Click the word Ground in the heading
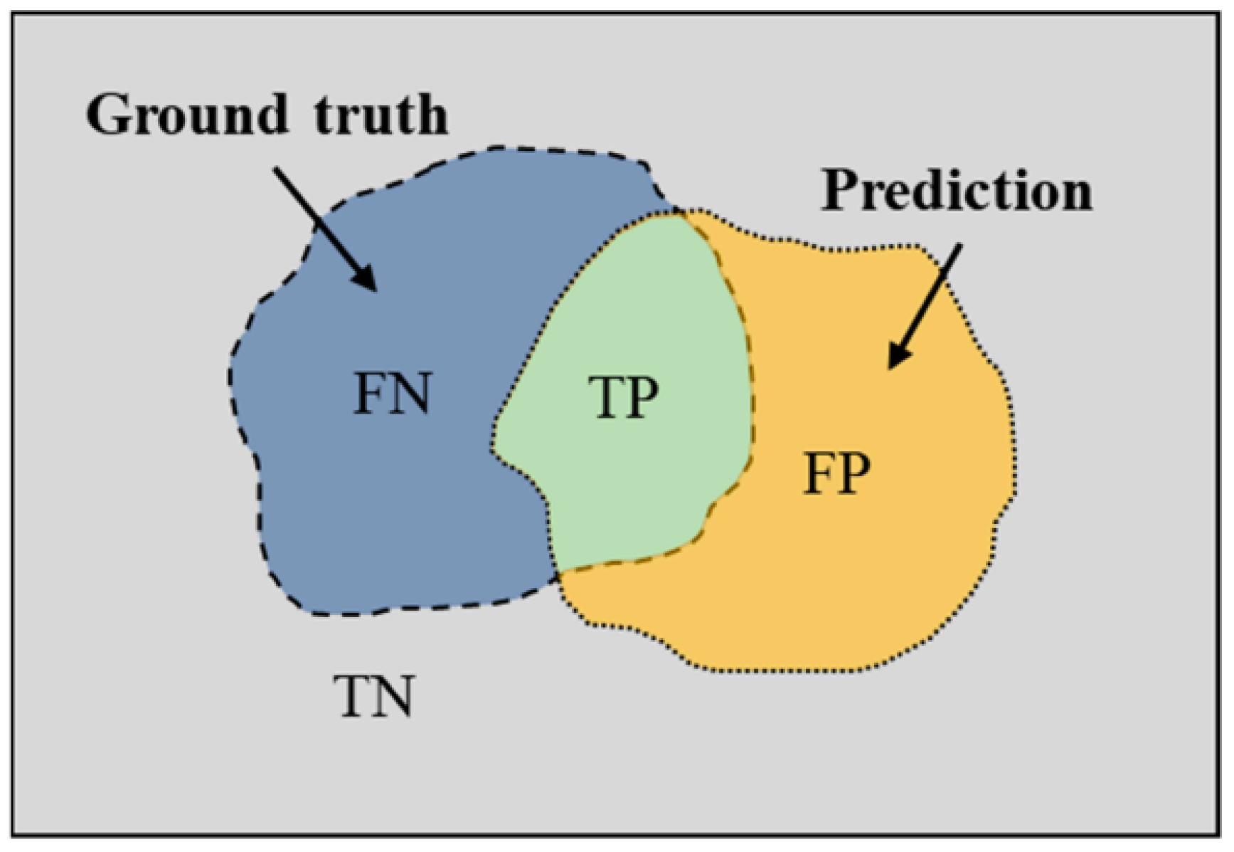coord(187,115)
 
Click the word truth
coord(381,115)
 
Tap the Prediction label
coord(956,191)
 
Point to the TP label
coord(624,397)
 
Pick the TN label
coord(374,697)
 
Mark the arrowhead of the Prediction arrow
coord(898,357)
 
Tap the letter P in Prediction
coord(840,191)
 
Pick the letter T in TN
coord(353,697)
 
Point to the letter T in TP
coord(605,397)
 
